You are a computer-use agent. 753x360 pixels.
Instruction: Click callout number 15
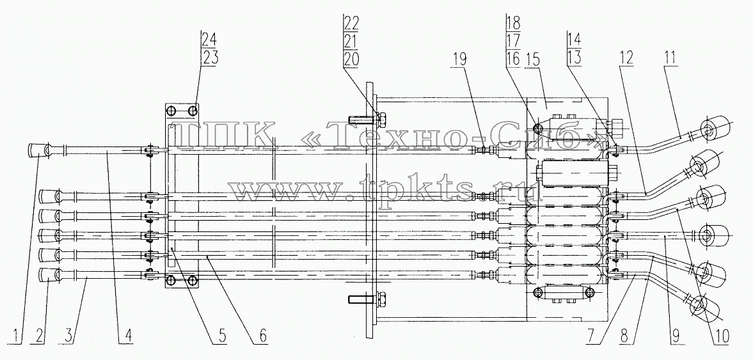click(x=532, y=59)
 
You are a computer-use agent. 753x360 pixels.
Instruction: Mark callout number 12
click(x=626, y=58)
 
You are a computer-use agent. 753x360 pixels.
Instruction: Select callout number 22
click(x=351, y=22)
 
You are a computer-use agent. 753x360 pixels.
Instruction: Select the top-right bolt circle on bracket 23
click(x=193, y=111)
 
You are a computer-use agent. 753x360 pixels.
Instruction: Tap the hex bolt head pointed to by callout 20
click(x=382, y=118)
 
